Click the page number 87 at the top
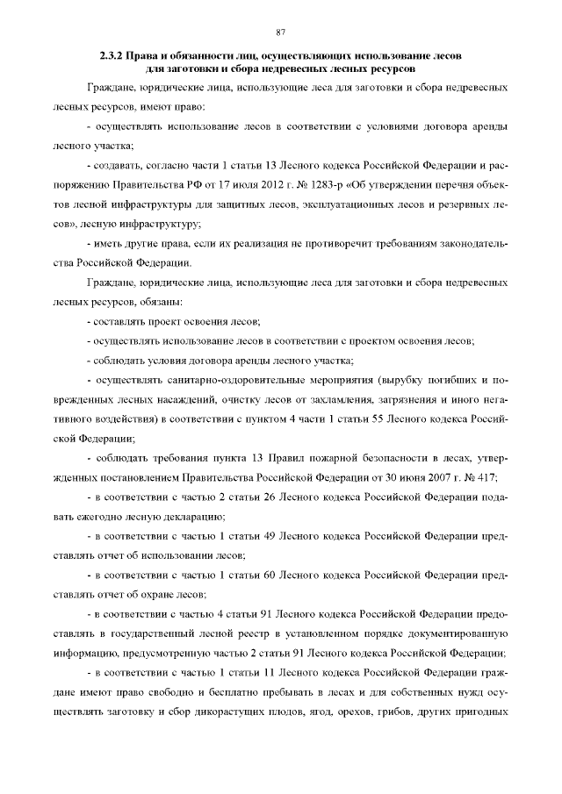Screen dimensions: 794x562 281,32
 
